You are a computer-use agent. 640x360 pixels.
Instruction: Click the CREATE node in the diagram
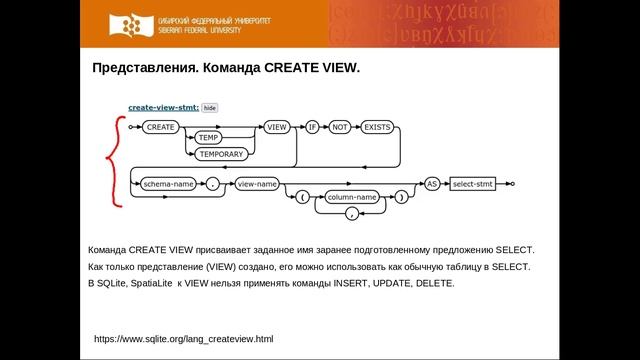(x=160, y=127)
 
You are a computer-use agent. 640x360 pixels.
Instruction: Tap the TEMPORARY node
(x=220, y=155)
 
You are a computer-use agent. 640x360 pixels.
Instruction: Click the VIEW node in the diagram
(x=277, y=127)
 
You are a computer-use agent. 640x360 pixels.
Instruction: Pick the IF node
(x=311, y=127)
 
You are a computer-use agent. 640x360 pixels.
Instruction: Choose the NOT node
(x=339, y=127)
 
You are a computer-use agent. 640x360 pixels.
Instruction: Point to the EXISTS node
(x=378, y=127)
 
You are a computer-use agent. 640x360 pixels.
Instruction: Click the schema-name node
(x=168, y=184)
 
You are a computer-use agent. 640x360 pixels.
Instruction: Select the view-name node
(x=257, y=184)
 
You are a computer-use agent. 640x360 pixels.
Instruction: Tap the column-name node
(x=352, y=198)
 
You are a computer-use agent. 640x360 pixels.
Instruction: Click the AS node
(x=432, y=184)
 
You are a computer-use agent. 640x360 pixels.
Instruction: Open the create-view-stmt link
(x=163, y=106)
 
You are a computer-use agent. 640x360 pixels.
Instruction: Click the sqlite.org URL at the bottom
(x=183, y=340)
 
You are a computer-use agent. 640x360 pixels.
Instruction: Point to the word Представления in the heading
(x=139, y=69)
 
